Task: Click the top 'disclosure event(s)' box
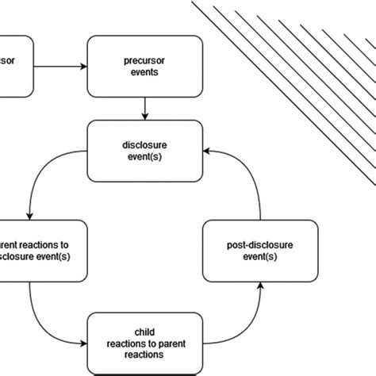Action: coord(144,151)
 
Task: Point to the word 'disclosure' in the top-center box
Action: coord(144,144)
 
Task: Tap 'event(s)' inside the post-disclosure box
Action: coord(260,258)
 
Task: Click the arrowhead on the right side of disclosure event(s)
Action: coord(208,151)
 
